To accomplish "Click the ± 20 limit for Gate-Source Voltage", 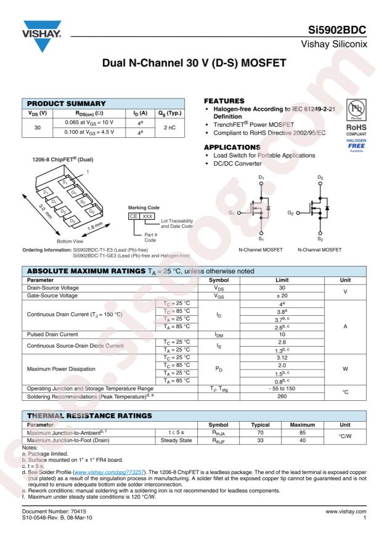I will coord(281,296).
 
